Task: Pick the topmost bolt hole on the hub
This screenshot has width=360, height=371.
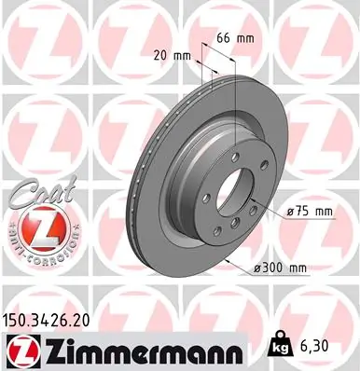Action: (218, 157)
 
